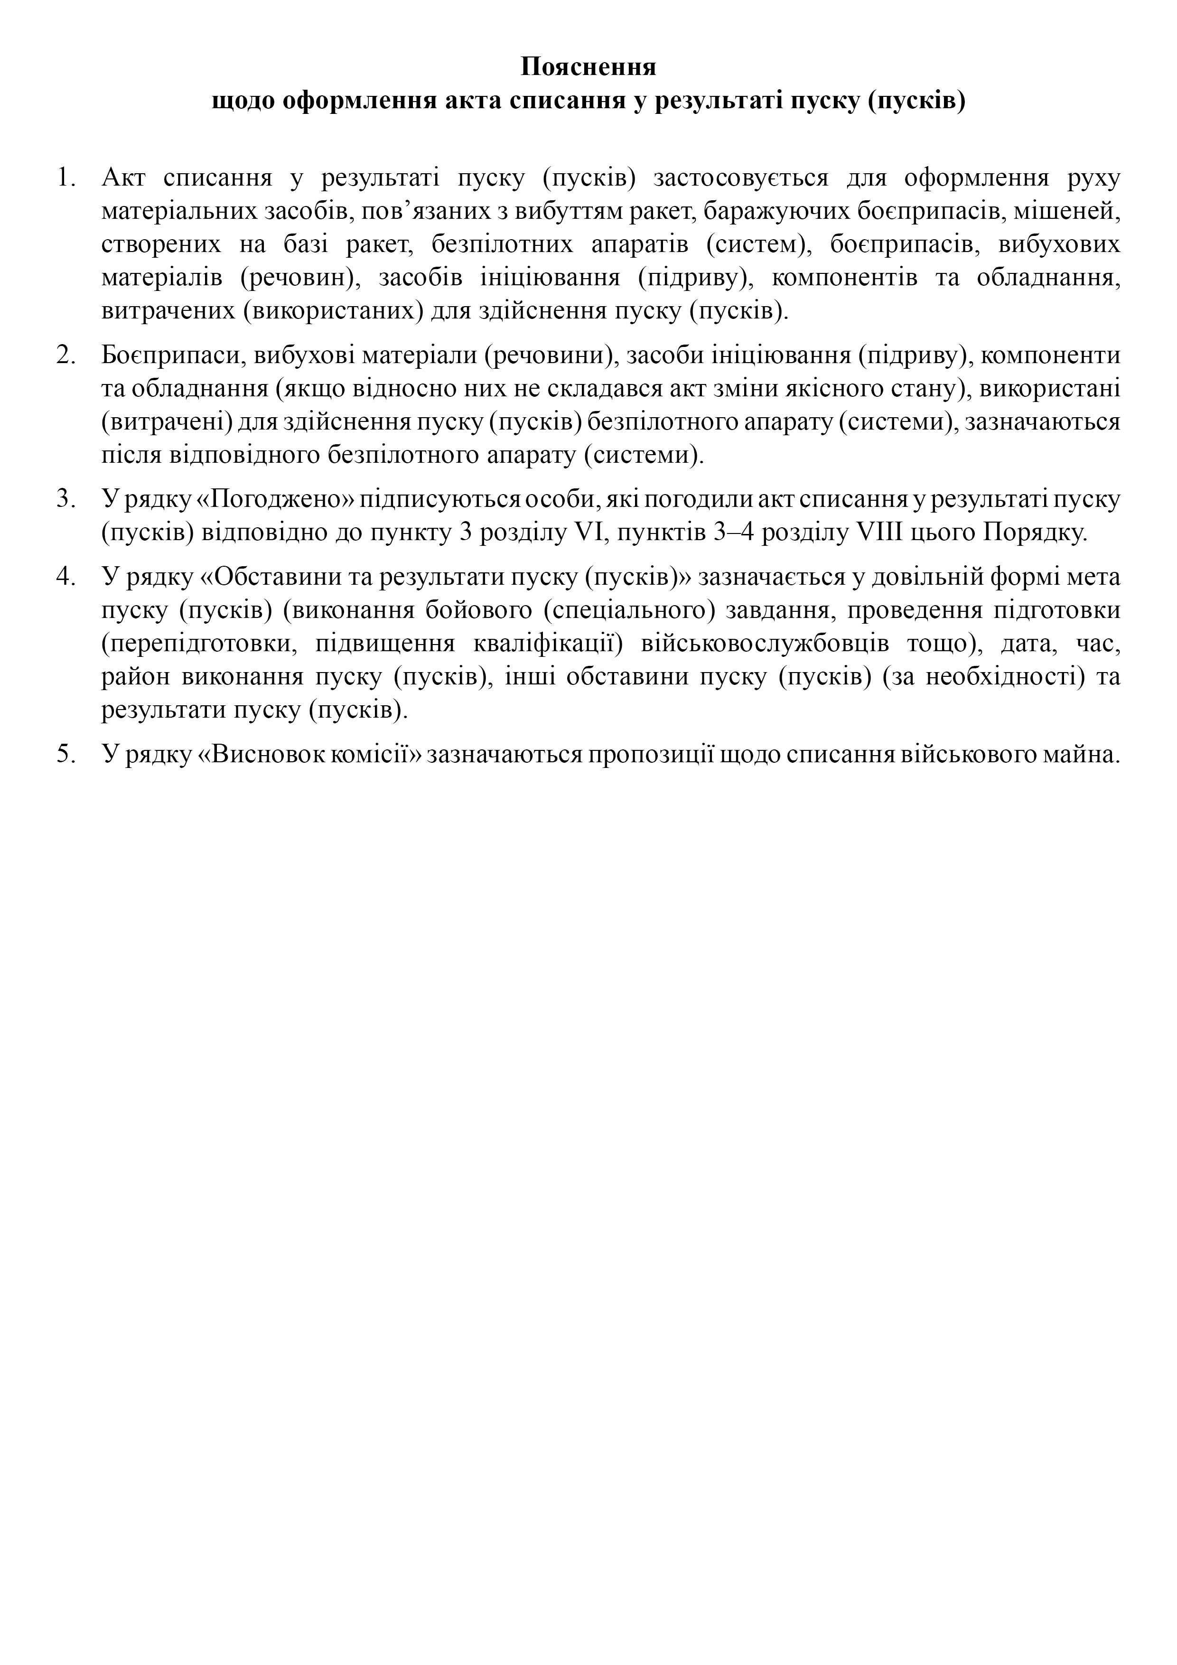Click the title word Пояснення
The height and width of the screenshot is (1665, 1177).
point(588,67)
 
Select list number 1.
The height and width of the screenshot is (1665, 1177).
point(66,177)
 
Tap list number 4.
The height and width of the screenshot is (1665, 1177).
point(66,577)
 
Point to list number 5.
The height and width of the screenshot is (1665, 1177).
point(66,754)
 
